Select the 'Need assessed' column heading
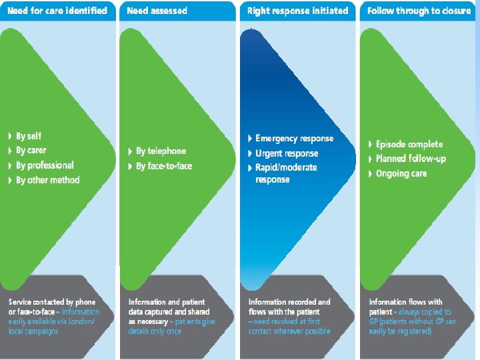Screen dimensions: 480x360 pos(157,11)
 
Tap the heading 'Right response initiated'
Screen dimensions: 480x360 pos(297,11)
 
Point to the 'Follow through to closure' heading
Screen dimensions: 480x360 pos(419,11)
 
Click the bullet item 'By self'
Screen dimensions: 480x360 pos(29,136)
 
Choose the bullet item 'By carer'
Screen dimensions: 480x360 pos(31,151)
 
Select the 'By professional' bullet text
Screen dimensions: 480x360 pos(45,165)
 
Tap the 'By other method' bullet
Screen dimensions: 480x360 pos(47,180)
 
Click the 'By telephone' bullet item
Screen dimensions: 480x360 pos(161,151)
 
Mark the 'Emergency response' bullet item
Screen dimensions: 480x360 pos(294,139)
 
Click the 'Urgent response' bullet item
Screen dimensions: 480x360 pos(287,153)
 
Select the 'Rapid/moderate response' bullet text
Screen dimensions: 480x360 pos(286,173)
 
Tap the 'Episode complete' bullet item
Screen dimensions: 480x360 pos(409,144)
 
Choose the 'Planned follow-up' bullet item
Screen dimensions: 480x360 pos(411,159)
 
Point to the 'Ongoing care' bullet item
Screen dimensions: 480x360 pos(401,173)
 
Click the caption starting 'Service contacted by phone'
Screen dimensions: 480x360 pos(53,317)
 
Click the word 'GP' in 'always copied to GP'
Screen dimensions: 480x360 pos(374,321)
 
